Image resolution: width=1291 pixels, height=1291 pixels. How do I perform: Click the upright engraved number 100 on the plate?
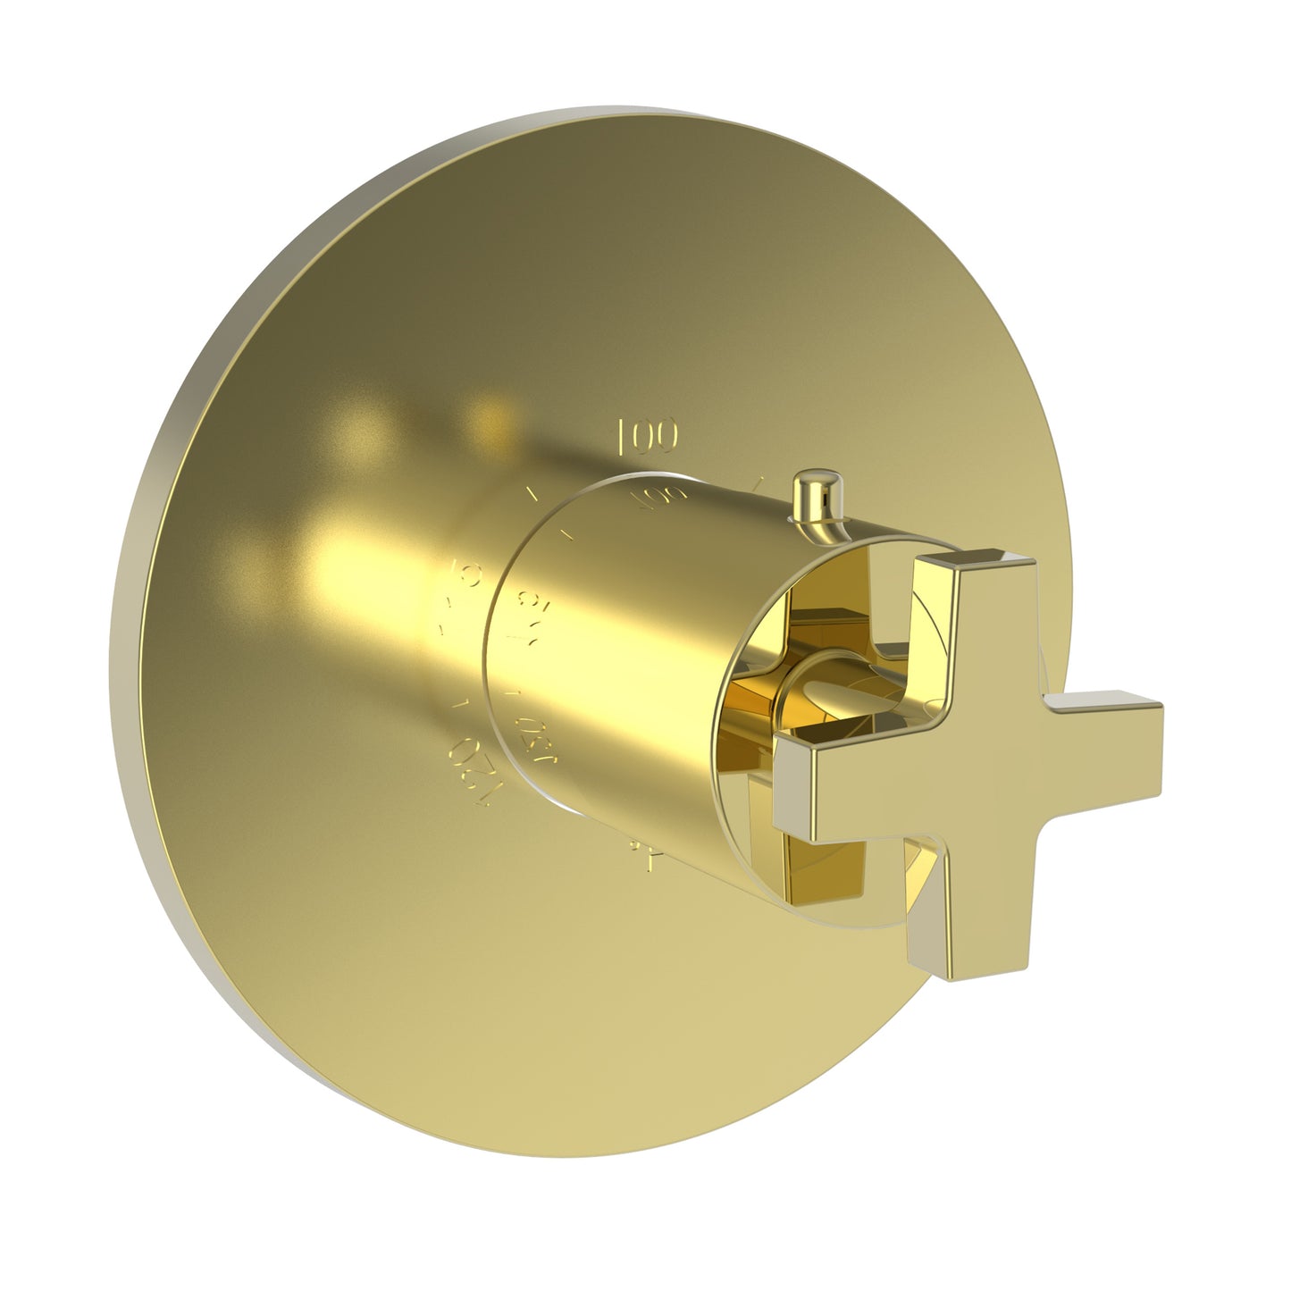pyautogui.click(x=648, y=435)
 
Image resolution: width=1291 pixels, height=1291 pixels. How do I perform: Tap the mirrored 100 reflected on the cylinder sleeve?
pyautogui.click(x=657, y=499)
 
